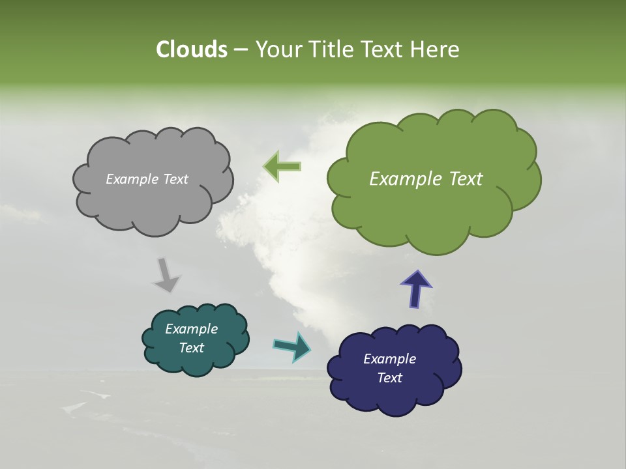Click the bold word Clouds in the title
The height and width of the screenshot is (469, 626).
[x=191, y=50]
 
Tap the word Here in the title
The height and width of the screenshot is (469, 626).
[x=436, y=50]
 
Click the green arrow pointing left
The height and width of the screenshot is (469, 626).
[x=282, y=166]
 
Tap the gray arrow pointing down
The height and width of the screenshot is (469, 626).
[x=166, y=275]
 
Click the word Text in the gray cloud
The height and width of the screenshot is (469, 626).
[x=175, y=179]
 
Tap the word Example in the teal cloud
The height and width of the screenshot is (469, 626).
[x=191, y=329]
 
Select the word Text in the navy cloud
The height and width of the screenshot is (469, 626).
[x=389, y=378]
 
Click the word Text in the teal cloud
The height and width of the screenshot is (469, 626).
[x=191, y=348]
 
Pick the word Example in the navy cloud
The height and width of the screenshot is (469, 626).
[x=389, y=359]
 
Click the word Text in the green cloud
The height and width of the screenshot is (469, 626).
[x=465, y=179]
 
